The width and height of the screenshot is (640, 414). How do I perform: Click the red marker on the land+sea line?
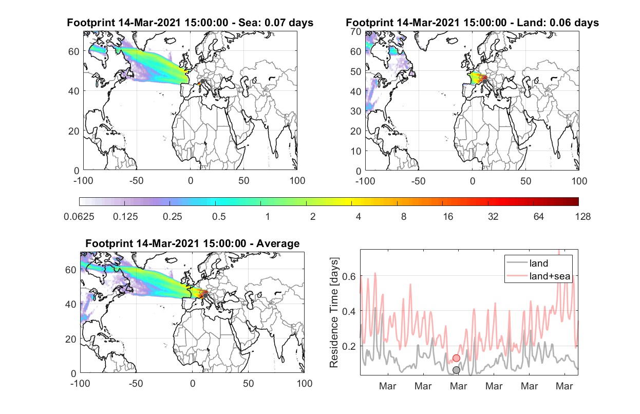[x=456, y=358]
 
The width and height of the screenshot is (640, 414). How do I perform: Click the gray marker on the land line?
[x=456, y=370]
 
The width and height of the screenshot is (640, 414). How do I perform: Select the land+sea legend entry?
[x=538, y=276]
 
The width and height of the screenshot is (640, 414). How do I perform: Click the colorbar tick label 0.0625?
[x=79, y=217]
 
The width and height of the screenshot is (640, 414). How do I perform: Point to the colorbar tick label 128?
[x=582, y=217]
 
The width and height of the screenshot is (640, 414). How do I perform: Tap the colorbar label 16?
[x=448, y=217]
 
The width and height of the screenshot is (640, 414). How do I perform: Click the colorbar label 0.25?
[x=172, y=217]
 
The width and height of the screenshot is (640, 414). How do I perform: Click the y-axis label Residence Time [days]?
[x=334, y=313]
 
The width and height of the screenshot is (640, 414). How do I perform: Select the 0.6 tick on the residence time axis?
[x=349, y=276]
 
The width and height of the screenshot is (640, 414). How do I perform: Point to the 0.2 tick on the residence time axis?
[x=349, y=346]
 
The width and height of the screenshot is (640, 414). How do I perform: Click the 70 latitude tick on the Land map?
[x=356, y=32]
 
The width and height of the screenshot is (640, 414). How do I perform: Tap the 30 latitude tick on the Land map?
[x=356, y=111]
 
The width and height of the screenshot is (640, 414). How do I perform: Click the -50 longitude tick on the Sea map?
[x=136, y=181]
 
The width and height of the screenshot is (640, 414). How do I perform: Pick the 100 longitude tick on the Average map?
[x=304, y=383]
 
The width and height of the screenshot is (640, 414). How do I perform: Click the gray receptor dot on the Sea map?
[x=202, y=81]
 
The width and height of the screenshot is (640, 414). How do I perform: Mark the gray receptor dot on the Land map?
[x=484, y=82]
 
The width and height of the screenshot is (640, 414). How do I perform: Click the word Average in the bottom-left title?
[x=278, y=243]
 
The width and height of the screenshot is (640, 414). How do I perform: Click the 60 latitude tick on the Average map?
[x=71, y=270]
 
